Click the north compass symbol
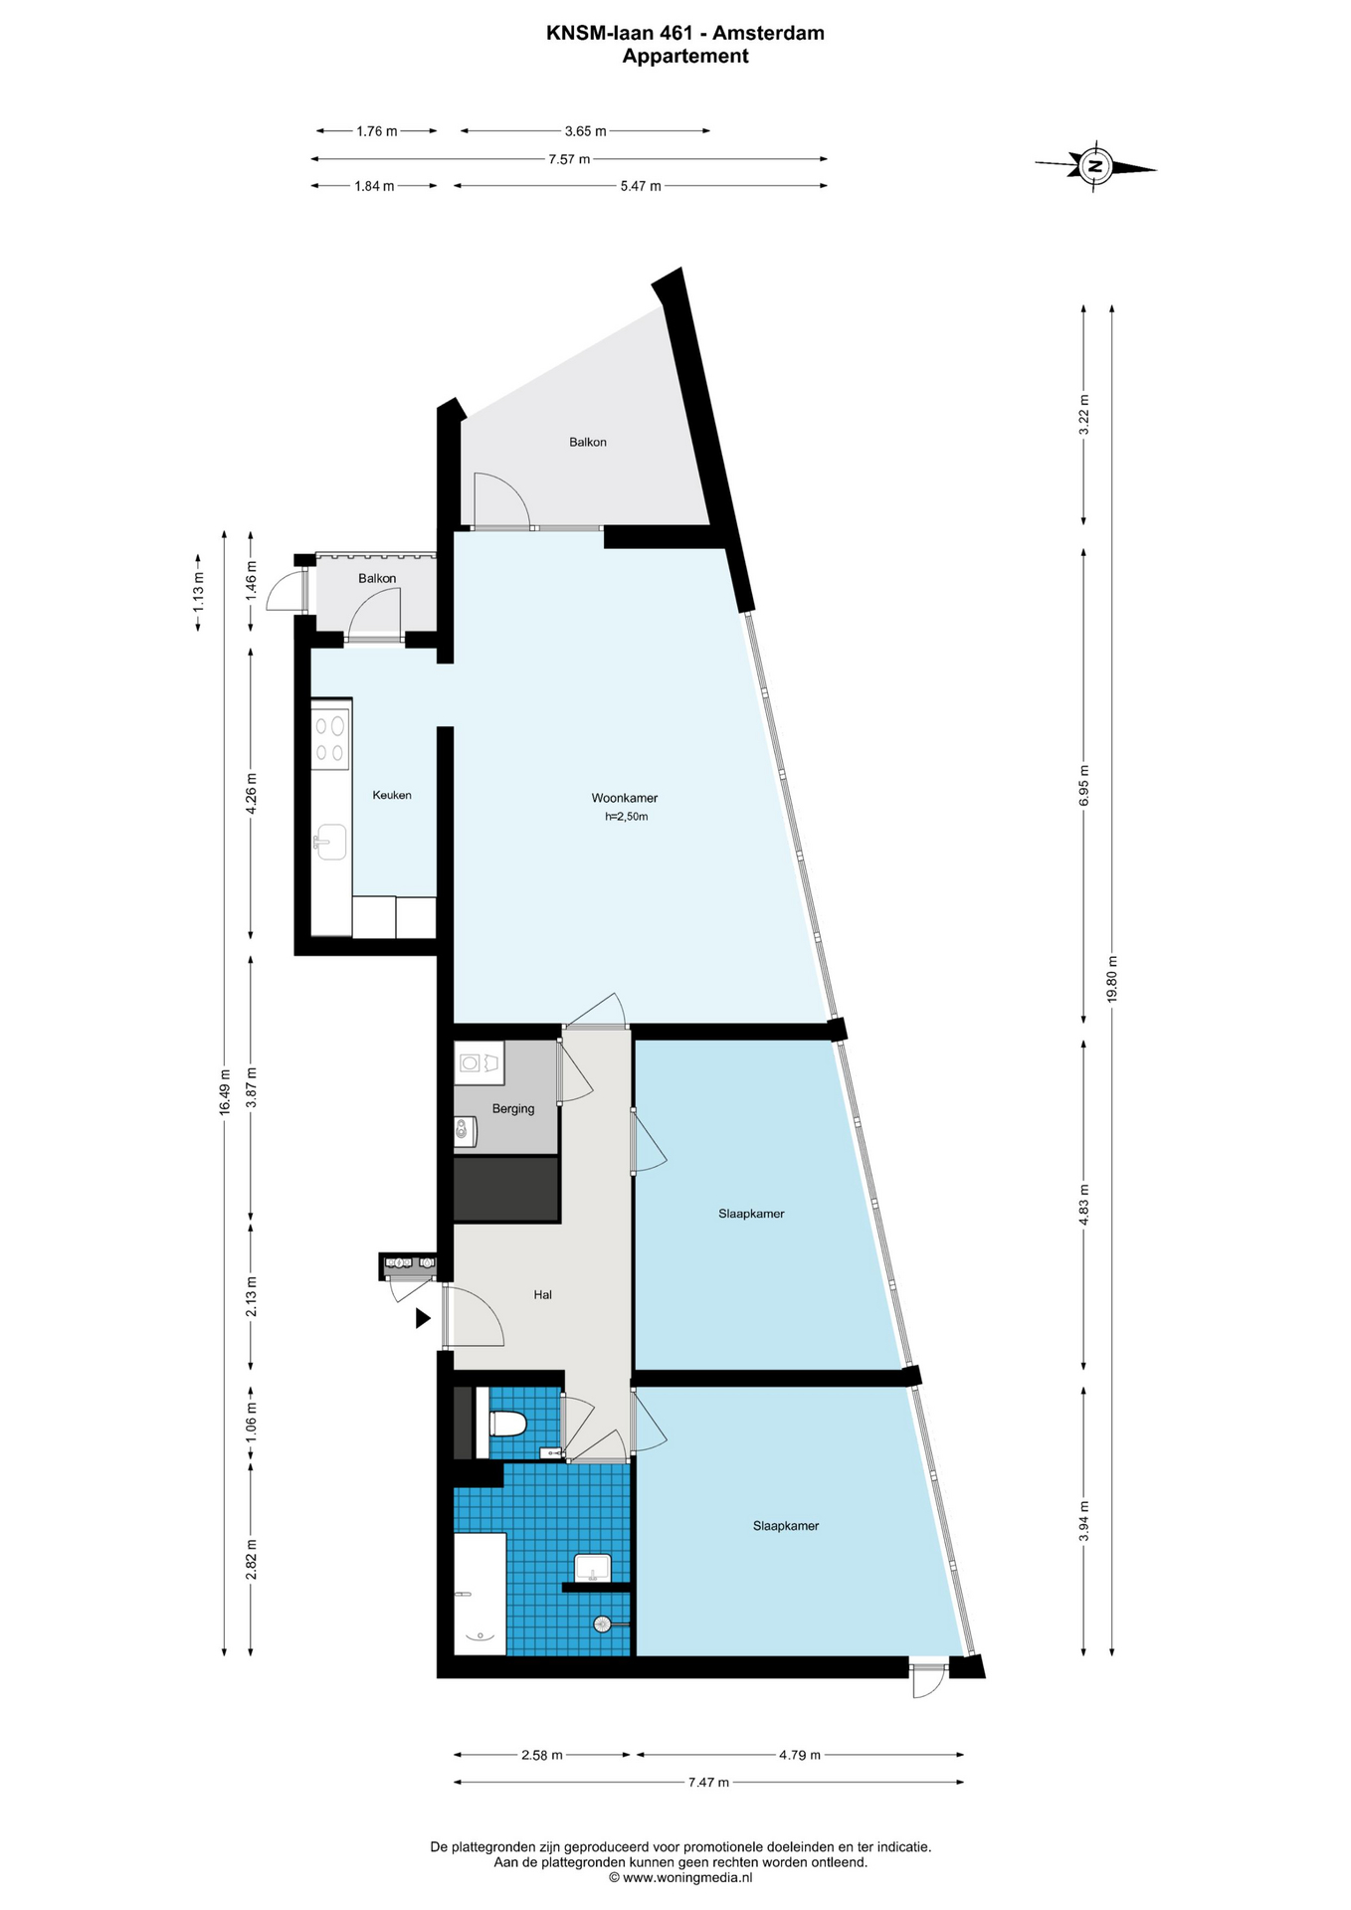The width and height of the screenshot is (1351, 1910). click(x=1095, y=166)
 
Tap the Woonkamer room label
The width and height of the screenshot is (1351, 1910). click(x=625, y=798)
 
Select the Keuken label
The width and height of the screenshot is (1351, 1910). click(x=392, y=795)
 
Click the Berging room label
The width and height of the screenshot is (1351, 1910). click(x=513, y=1108)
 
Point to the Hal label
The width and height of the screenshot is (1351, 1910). click(x=542, y=1294)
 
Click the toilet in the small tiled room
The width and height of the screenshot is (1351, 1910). click(x=507, y=1424)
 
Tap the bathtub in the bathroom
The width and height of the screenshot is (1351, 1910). click(x=480, y=1594)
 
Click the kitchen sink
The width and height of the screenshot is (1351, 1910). click(x=330, y=842)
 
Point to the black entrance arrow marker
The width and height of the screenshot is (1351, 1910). click(x=423, y=1318)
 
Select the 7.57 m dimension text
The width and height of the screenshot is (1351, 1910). click(x=569, y=159)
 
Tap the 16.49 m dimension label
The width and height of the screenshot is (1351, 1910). click(x=225, y=1091)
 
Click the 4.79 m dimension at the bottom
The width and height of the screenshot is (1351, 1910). click(x=800, y=1755)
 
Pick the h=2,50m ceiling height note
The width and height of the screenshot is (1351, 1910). click(x=627, y=817)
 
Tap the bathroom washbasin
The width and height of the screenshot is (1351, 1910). click(x=593, y=1568)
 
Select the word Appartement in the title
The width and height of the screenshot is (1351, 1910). click(x=685, y=57)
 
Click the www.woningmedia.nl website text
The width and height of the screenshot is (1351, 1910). click(x=687, y=1877)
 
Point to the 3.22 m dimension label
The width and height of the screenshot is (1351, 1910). click(x=1084, y=415)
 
